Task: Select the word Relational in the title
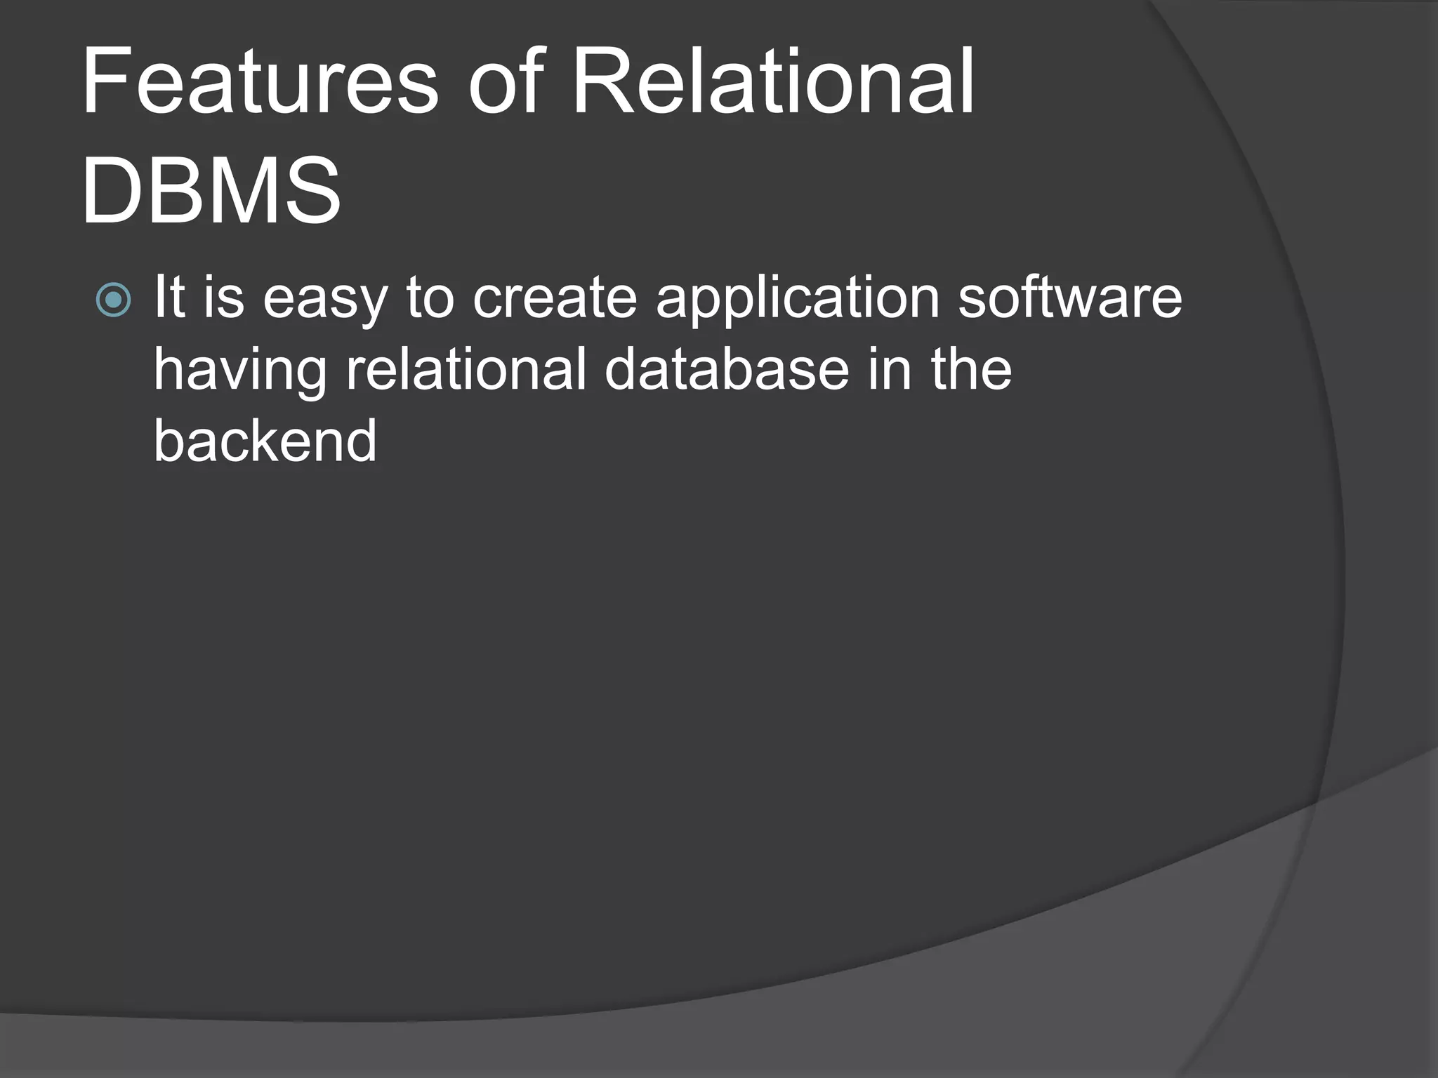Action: tap(773, 81)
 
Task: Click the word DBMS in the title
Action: tap(211, 192)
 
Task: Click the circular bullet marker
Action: tap(113, 300)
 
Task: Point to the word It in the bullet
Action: tap(169, 297)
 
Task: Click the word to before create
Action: tap(430, 297)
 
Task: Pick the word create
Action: tap(555, 297)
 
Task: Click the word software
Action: tap(1070, 297)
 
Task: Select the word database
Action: tap(727, 369)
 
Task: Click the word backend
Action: tap(265, 441)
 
